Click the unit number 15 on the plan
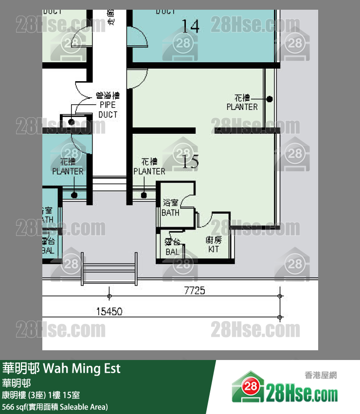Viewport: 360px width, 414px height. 190,161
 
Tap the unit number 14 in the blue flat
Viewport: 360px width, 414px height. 190,26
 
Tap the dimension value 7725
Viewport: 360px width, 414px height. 195,291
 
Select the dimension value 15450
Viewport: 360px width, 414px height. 109,311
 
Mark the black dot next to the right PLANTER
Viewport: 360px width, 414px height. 269,99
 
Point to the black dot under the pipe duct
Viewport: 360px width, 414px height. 72,122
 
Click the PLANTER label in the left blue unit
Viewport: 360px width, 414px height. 68,167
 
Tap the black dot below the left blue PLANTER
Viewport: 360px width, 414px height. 74,195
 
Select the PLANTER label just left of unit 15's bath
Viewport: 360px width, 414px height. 149,167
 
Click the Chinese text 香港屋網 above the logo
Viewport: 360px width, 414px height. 321,375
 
